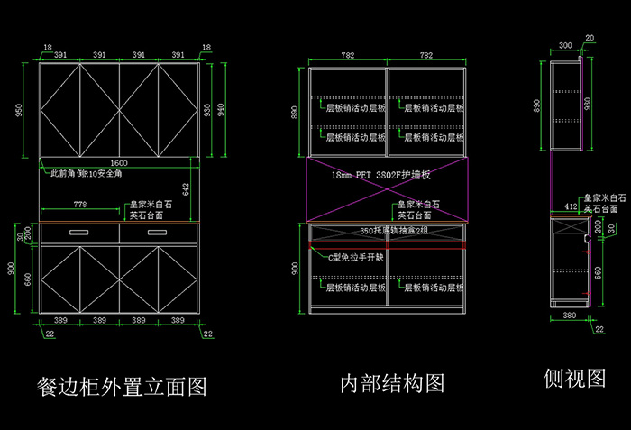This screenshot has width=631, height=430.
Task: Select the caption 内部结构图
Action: coord(392,383)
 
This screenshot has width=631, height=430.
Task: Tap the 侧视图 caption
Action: coord(574,379)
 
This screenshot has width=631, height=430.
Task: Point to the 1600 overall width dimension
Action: coord(119,162)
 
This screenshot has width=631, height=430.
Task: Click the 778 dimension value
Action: coord(79,205)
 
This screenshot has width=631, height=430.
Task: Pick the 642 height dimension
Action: coord(186,189)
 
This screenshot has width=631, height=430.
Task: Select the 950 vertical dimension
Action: coord(17,109)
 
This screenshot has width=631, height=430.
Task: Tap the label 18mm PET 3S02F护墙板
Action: coord(381,175)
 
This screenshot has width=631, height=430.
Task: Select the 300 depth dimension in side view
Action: coord(565,44)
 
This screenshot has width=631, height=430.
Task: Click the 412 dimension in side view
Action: coord(571,206)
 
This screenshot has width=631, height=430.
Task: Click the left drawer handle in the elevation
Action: coord(79,232)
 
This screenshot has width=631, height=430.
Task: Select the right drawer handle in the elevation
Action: coord(160,232)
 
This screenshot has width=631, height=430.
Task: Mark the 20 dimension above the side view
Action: coord(590,38)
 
